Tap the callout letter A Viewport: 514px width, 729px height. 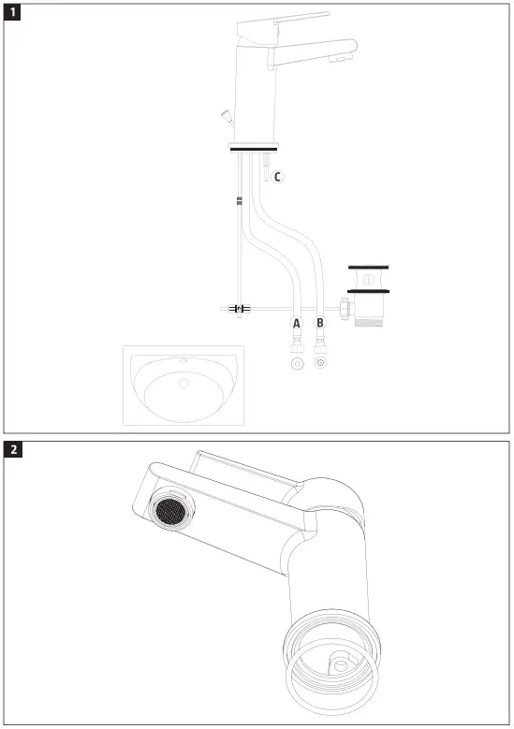297,323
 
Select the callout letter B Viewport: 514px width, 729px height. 321,323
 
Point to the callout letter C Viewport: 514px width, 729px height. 277,176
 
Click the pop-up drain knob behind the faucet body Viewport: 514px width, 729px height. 225,116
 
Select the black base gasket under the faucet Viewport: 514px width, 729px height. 253,148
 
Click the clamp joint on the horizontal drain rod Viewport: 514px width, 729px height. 241,308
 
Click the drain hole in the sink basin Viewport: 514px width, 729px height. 183,383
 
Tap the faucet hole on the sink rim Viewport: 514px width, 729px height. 184,360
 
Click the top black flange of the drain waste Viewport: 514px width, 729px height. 367,268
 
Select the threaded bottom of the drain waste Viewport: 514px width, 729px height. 367,319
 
